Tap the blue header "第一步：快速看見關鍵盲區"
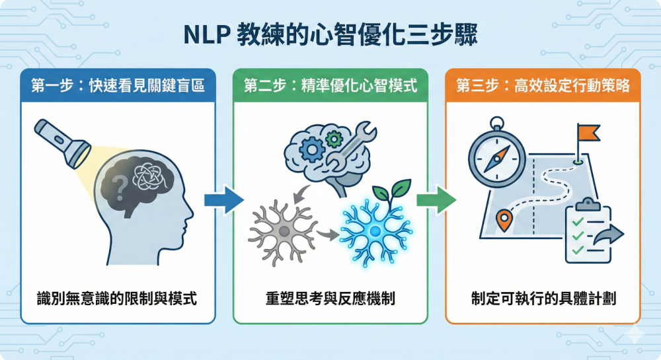118,85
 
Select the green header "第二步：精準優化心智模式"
330,85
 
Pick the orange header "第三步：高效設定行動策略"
543,85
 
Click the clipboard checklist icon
588,231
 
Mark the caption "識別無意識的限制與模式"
118,298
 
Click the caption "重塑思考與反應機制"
330,298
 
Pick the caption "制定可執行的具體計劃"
543,298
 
